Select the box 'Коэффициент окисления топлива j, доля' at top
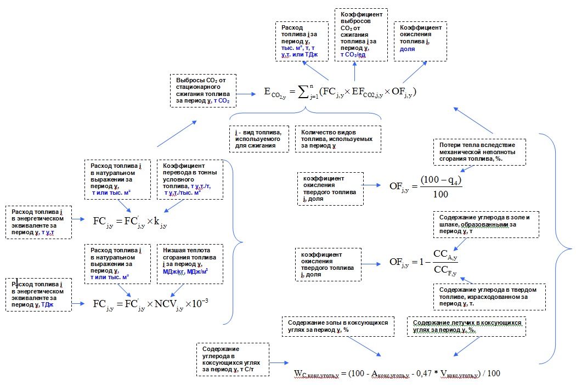click(x=420, y=38)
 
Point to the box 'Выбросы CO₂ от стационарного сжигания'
click(x=204, y=90)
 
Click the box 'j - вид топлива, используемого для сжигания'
click(x=259, y=139)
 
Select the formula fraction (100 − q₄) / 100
click(x=441, y=186)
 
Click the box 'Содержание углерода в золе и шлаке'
click(x=485, y=224)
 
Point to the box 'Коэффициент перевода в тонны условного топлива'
click(x=190, y=179)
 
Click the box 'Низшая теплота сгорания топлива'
click(x=190, y=264)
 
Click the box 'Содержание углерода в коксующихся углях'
click(x=233, y=359)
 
